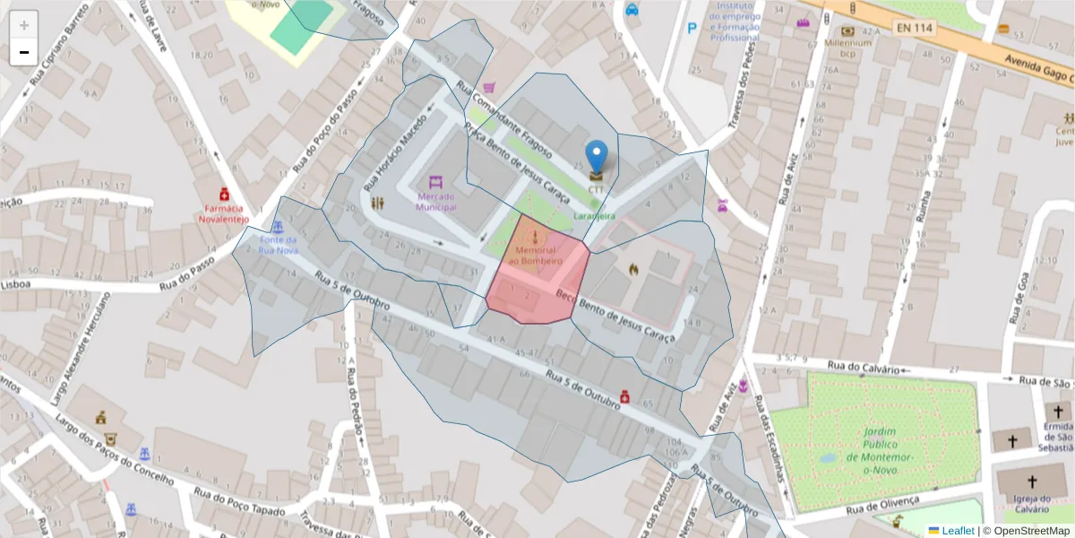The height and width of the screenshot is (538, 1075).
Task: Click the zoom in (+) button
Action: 24,25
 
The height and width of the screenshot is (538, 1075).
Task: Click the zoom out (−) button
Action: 24,53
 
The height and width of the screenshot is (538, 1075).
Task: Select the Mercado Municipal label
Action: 436,201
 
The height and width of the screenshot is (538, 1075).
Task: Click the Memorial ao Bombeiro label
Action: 535,255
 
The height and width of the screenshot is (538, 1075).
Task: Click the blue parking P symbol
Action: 692,29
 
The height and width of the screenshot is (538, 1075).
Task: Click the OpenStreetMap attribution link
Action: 1025,531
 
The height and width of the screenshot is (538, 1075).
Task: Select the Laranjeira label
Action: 594,216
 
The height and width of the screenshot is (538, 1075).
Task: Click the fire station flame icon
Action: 634,268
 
